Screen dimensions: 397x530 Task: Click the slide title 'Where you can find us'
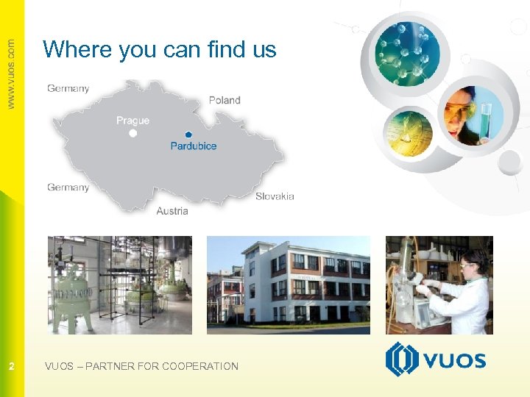tap(160, 49)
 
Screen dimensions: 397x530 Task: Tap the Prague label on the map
tap(132, 121)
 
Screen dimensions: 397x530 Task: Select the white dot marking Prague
tap(133, 134)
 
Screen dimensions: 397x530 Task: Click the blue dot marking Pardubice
tap(188, 135)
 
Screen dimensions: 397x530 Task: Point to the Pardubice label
tap(194, 146)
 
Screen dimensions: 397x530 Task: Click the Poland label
tap(225, 100)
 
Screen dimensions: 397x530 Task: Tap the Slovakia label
tap(275, 196)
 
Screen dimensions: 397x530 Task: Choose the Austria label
tap(172, 211)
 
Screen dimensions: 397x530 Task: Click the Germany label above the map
tap(68, 88)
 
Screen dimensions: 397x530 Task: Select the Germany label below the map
tap(68, 187)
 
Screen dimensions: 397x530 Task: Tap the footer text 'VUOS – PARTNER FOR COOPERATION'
tap(141, 366)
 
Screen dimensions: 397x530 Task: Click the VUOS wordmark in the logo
tap(453, 360)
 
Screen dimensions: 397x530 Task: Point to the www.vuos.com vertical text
tap(11, 74)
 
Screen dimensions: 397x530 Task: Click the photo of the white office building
tap(288, 285)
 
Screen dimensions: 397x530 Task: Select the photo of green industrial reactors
tap(120, 285)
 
